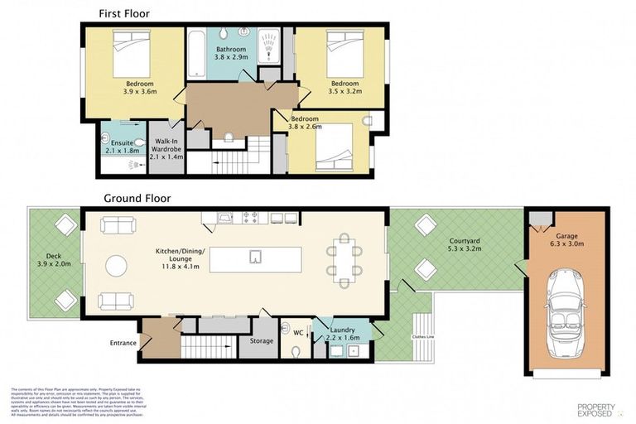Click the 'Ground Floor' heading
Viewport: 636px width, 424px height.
coord(137,199)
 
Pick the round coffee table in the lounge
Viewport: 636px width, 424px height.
coord(117,265)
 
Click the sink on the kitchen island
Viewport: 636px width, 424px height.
coord(256,258)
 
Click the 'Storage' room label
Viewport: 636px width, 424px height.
coord(262,341)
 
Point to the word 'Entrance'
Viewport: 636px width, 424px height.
coord(123,342)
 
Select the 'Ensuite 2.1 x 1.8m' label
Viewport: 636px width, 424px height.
coord(121,147)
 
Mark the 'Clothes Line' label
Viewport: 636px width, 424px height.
coord(423,338)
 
